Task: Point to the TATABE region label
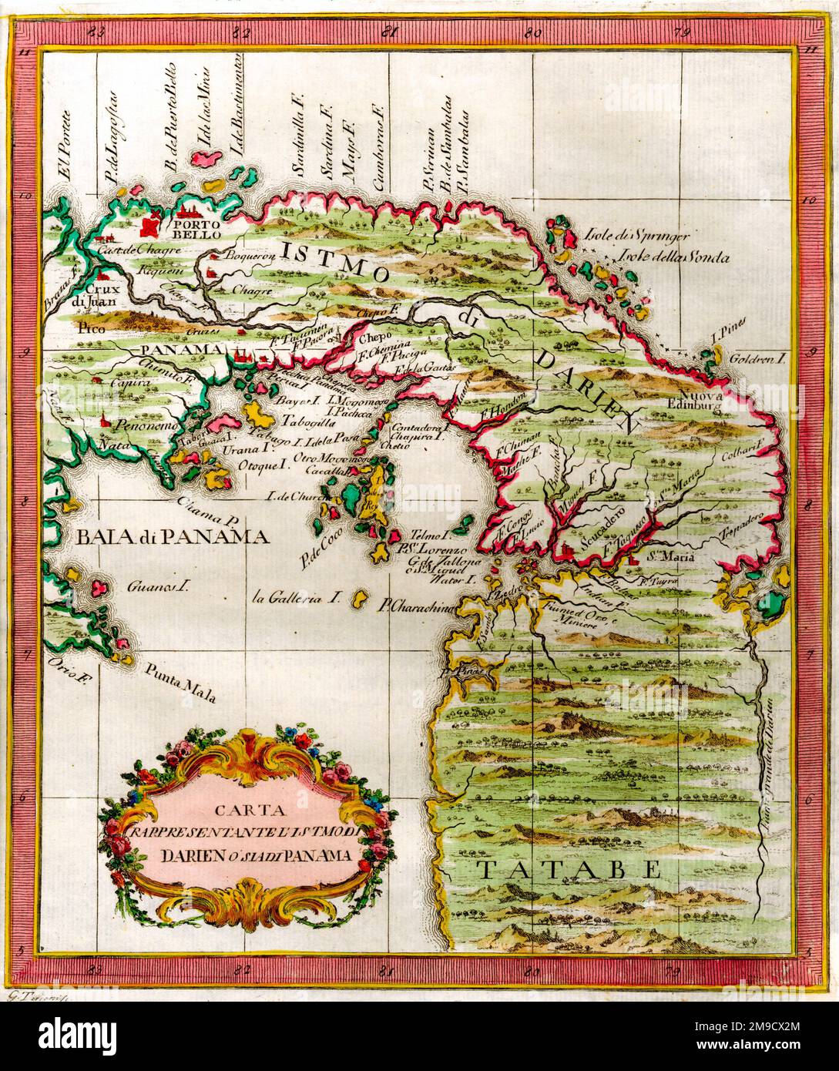tap(568, 869)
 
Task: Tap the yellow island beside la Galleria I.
tap(359, 598)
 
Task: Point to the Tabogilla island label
tap(307, 422)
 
